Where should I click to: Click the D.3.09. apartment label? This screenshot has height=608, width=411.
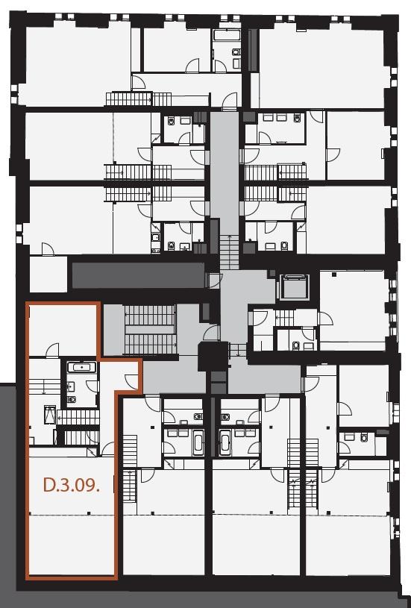click(x=72, y=485)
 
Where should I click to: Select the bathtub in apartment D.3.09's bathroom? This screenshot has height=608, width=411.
click(x=81, y=367)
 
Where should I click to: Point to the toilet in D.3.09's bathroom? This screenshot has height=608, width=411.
click(x=72, y=399)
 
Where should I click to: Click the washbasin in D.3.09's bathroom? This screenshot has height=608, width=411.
click(x=71, y=386)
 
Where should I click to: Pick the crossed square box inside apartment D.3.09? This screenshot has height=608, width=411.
click(x=50, y=415)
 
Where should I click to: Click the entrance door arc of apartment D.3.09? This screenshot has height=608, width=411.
click(x=132, y=382)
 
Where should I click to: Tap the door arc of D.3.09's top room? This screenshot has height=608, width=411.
click(x=52, y=350)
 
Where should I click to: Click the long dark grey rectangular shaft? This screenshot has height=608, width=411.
click(x=139, y=275)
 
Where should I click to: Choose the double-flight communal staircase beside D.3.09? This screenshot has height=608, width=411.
click(x=150, y=330)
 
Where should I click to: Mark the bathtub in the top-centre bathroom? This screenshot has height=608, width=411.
click(x=227, y=35)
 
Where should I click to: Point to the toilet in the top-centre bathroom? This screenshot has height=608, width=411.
click(x=236, y=52)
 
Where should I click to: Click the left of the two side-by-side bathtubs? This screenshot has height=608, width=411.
click(x=198, y=442)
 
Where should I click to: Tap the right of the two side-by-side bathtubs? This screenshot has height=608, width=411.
click(x=225, y=442)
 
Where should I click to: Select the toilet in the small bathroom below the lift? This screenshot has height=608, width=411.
click(x=296, y=345)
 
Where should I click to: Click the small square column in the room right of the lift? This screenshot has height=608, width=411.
click(x=334, y=274)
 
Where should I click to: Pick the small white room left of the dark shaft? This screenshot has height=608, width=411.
click(x=48, y=274)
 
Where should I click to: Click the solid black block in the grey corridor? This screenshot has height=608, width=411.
click(x=213, y=357)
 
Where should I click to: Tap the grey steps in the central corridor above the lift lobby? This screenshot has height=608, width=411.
click(x=230, y=252)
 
